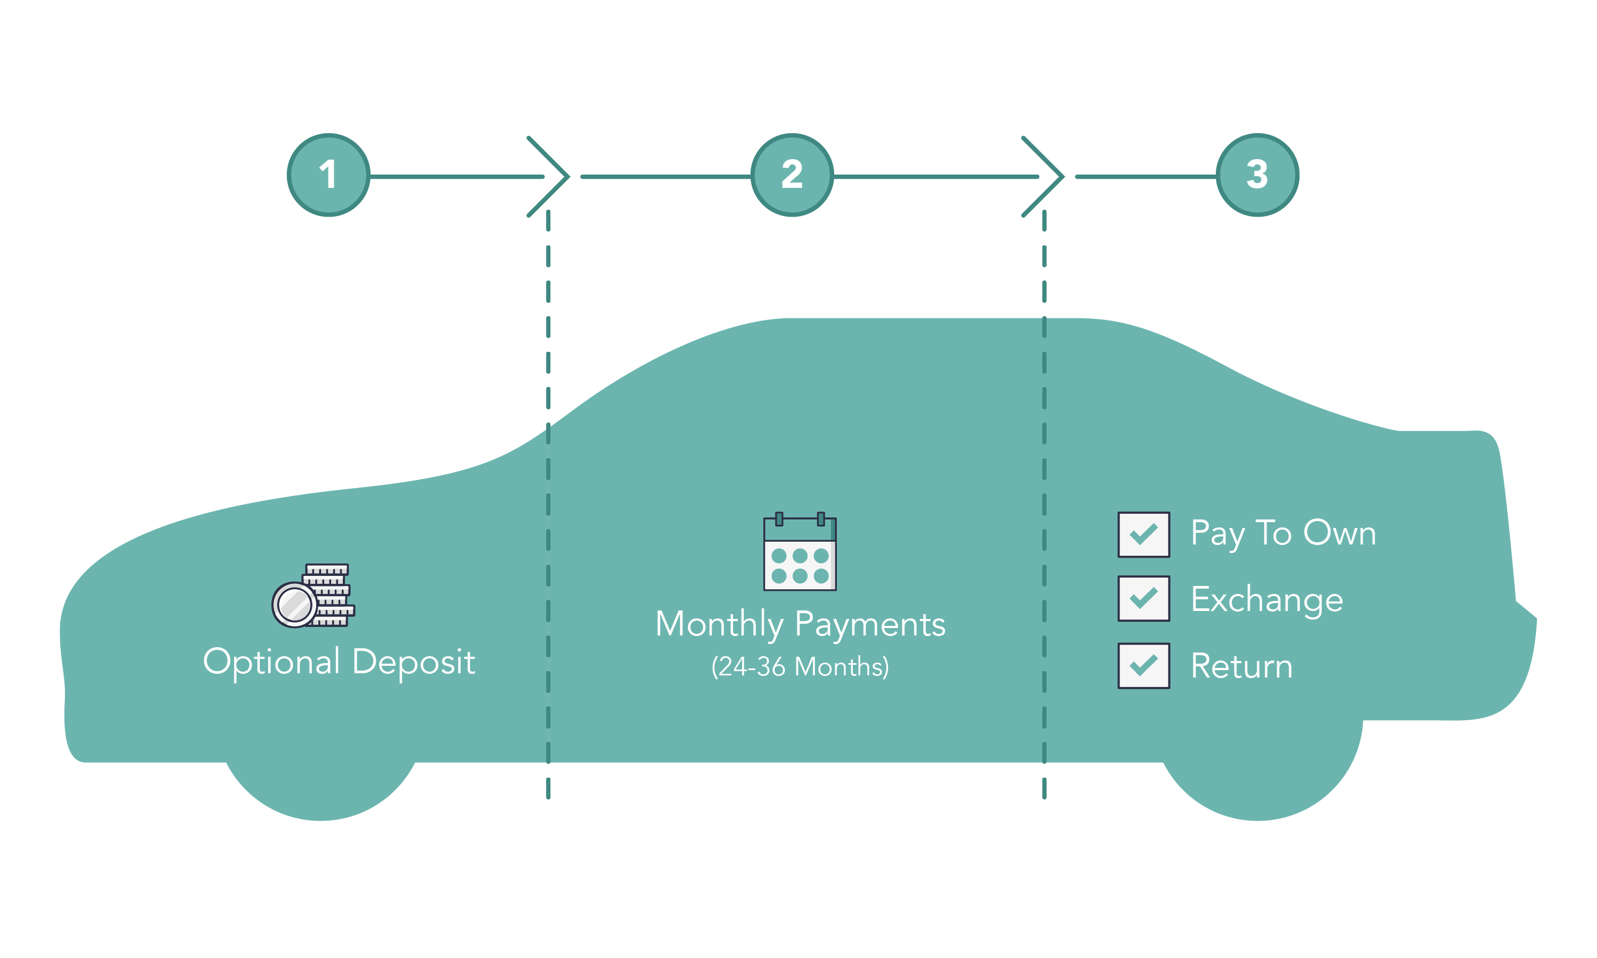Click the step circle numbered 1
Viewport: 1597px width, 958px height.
coord(328,175)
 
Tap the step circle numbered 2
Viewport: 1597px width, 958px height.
coord(792,175)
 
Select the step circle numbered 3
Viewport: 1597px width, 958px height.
coord(1257,175)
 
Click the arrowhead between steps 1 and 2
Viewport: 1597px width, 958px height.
coord(550,176)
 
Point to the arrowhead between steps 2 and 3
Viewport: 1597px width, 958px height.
coord(1044,176)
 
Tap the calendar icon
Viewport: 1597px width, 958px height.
coord(800,552)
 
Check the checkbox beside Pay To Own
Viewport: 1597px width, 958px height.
coord(1143,534)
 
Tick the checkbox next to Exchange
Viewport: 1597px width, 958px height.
coord(1143,598)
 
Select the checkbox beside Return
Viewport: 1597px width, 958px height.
coord(1143,666)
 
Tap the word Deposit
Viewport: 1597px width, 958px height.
coord(414,662)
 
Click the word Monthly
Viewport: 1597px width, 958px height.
coord(719,625)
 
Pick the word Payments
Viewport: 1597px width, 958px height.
coord(870,625)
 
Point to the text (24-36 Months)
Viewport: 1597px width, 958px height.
coord(800,667)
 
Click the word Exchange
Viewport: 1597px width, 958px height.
coord(1266,600)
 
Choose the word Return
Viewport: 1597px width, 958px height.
coord(1241,666)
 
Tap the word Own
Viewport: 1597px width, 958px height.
coord(1339,533)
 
